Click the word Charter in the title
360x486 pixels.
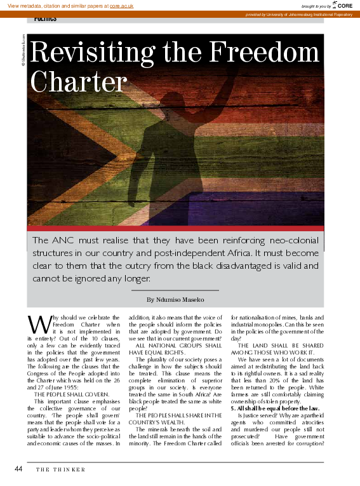tap(79, 82)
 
